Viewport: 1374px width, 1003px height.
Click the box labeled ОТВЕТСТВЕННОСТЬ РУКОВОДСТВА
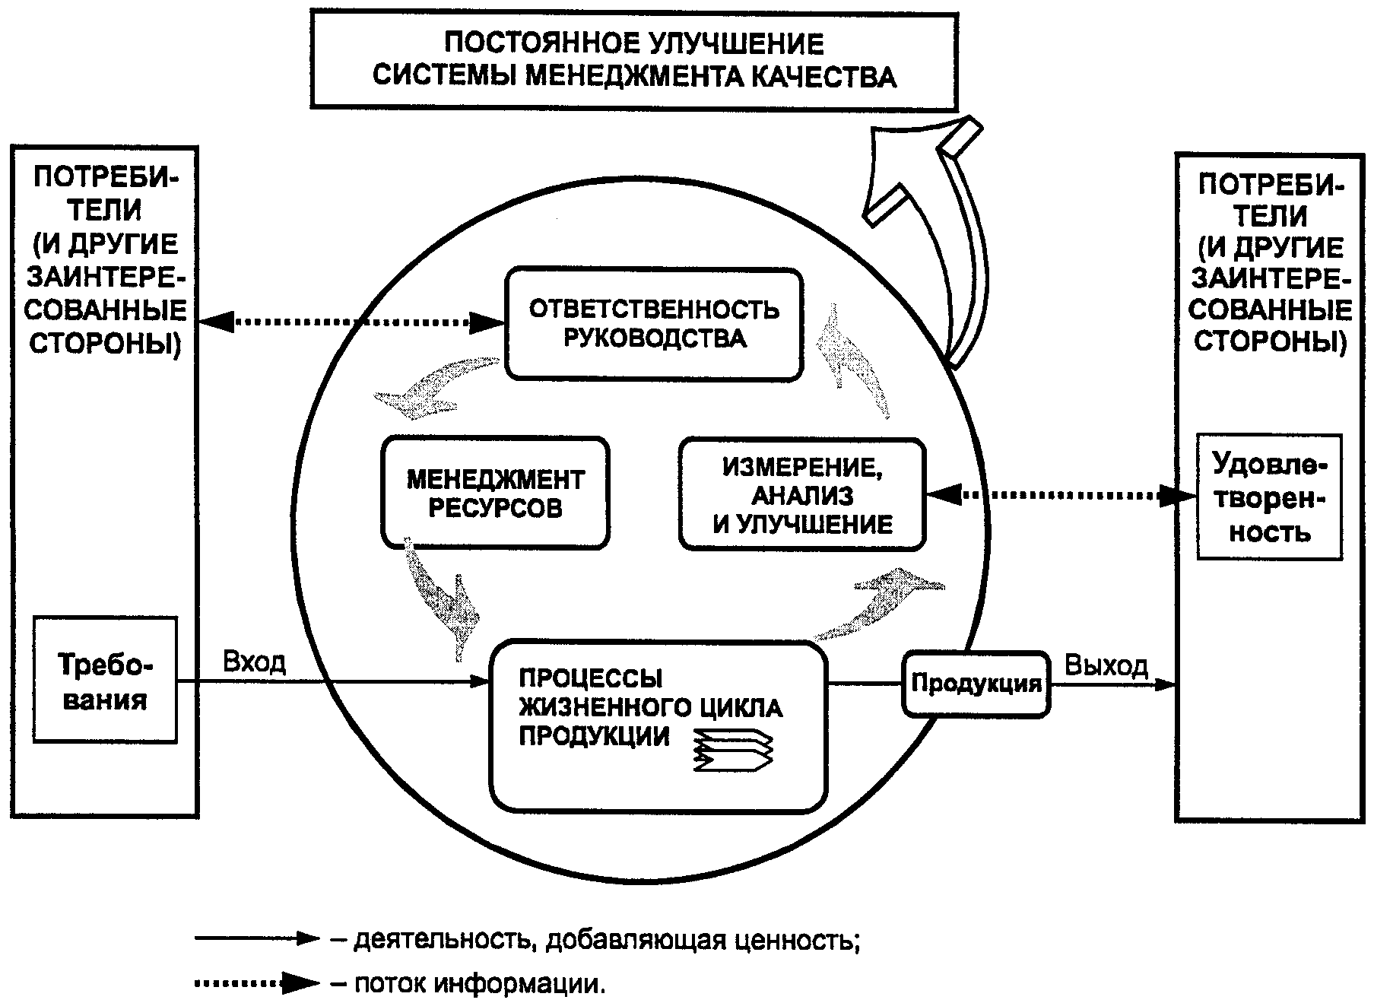click(654, 323)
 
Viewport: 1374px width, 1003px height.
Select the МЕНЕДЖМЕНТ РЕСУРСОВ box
click(495, 493)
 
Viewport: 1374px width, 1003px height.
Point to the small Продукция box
click(976, 684)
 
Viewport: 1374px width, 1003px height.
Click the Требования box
click(105, 679)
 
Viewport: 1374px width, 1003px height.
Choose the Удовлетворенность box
click(1269, 497)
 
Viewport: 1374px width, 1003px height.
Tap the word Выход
click(1106, 665)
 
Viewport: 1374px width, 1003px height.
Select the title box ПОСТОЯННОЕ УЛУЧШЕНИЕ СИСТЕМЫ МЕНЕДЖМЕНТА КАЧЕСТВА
click(633, 60)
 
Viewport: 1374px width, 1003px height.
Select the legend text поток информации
click(481, 984)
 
